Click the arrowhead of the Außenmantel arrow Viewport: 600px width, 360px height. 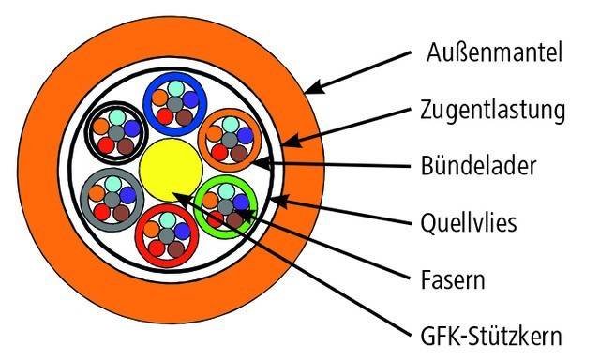point(308,91)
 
